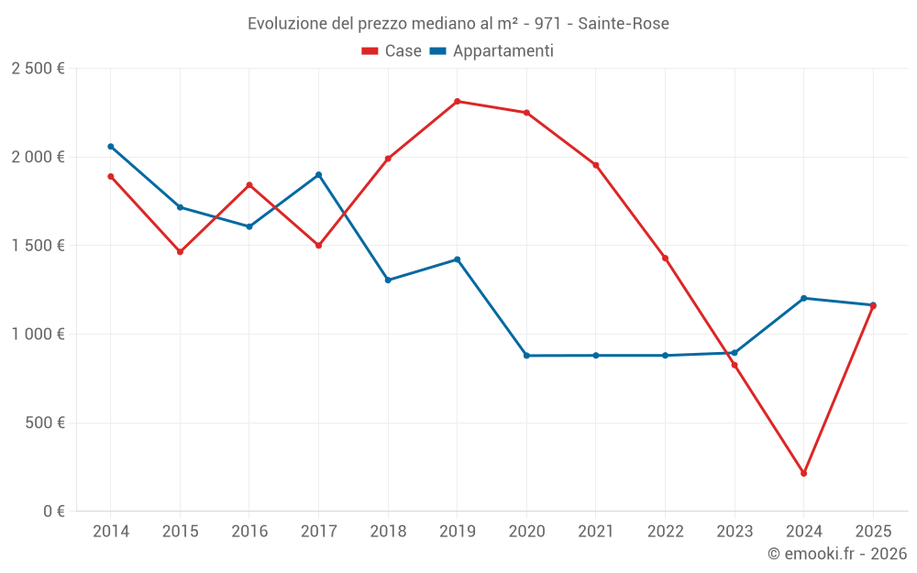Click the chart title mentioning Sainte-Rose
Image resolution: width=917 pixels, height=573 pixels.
458,23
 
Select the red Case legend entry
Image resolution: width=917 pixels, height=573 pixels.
392,51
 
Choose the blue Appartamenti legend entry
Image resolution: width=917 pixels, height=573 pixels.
492,51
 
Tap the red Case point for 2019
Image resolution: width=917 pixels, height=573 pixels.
458,102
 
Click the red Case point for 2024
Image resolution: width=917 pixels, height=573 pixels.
803,473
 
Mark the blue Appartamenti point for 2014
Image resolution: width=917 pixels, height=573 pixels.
111,147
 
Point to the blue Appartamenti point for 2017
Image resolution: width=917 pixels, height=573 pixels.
318,174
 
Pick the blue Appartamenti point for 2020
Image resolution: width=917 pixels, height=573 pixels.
526,356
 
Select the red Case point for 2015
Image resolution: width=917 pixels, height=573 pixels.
180,252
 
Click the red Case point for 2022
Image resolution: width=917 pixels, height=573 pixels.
665,259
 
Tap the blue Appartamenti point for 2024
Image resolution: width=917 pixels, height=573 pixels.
803,298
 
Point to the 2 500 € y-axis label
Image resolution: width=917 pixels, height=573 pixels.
38,69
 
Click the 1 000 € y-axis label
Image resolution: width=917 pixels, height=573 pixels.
38,335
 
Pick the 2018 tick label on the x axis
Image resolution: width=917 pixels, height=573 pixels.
388,532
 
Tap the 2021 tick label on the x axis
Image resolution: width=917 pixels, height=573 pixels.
596,532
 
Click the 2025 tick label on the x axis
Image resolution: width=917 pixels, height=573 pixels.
872,532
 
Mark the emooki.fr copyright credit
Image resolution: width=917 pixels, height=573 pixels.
836,554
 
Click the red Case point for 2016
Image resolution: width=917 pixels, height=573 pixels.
249,185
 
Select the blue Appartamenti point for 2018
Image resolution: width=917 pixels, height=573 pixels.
388,281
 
